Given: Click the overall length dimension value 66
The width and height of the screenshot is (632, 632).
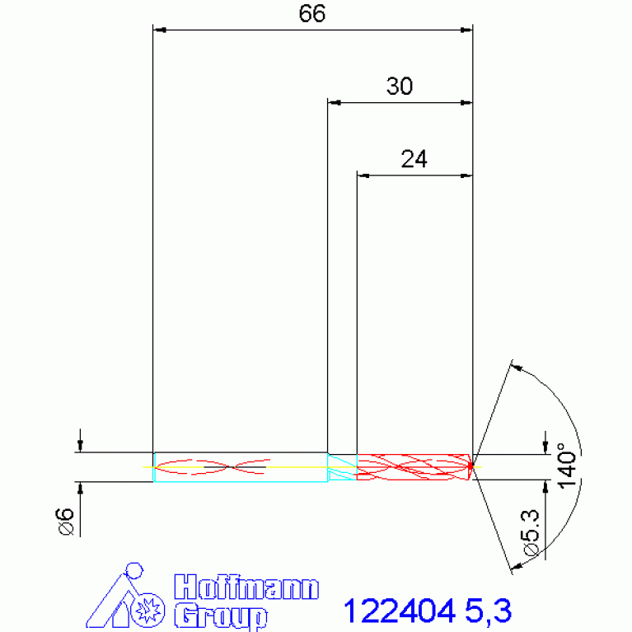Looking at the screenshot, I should click(x=313, y=14).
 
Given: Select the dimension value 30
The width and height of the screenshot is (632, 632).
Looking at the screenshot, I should click(x=400, y=87).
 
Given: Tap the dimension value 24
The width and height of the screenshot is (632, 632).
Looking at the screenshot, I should click(x=414, y=159).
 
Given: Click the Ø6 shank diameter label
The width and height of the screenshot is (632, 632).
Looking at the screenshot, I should click(x=67, y=522).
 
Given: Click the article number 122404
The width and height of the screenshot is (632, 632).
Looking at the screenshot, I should click(x=399, y=611).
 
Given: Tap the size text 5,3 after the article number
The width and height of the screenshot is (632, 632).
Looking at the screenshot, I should click(x=488, y=611).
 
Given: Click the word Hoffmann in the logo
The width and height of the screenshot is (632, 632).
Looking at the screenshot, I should click(x=247, y=588).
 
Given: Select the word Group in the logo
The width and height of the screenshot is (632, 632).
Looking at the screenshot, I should click(x=221, y=616).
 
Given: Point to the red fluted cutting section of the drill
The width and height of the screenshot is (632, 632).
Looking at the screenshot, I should click(x=412, y=466).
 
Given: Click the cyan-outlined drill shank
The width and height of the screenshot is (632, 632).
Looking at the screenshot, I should click(x=239, y=467).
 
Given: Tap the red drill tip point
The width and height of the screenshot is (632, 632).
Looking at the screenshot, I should click(x=470, y=466).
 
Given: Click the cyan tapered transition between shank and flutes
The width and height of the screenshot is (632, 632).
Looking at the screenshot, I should click(x=341, y=467).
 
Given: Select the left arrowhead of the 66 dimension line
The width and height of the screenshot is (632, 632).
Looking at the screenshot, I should click(x=161, y=30).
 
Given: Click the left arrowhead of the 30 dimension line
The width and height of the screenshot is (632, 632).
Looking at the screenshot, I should click(x=334, y=102).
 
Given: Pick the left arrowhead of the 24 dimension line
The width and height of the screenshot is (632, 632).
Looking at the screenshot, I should click(x=363, y=175).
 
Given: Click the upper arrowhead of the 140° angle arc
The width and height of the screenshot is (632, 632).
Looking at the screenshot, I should click(x=516, y=365).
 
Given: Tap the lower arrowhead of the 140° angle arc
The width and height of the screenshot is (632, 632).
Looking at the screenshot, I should click(x=516, y=566).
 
